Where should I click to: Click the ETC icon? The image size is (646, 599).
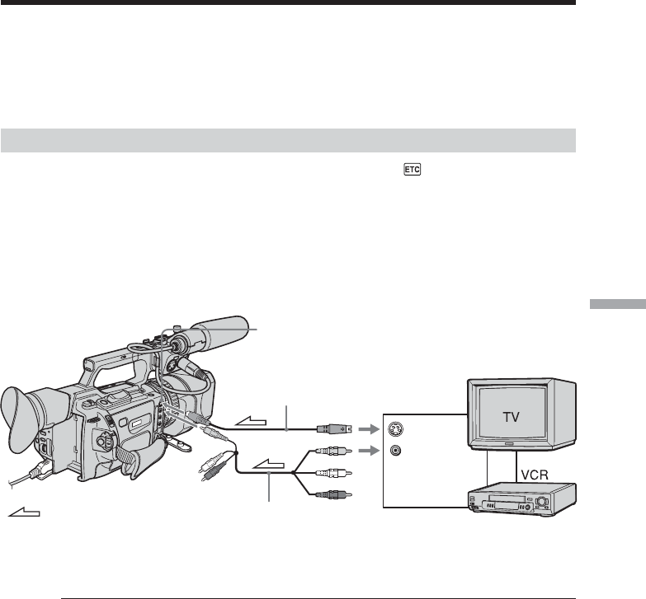coord(413,170)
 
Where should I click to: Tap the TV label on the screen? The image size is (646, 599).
coord(512,417)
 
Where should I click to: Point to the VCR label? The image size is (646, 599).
coord(535,475)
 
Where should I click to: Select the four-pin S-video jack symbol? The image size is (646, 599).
coord(395,429)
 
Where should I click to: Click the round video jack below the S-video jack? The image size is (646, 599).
coord(395,451)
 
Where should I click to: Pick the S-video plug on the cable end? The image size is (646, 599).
coord(334,429)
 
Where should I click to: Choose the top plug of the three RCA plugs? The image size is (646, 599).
coord(333,452)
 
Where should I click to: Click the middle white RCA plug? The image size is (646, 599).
coord(333,473)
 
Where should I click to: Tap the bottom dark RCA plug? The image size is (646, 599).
coord(333,494)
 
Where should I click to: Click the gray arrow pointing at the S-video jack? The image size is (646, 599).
coord(369,429)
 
